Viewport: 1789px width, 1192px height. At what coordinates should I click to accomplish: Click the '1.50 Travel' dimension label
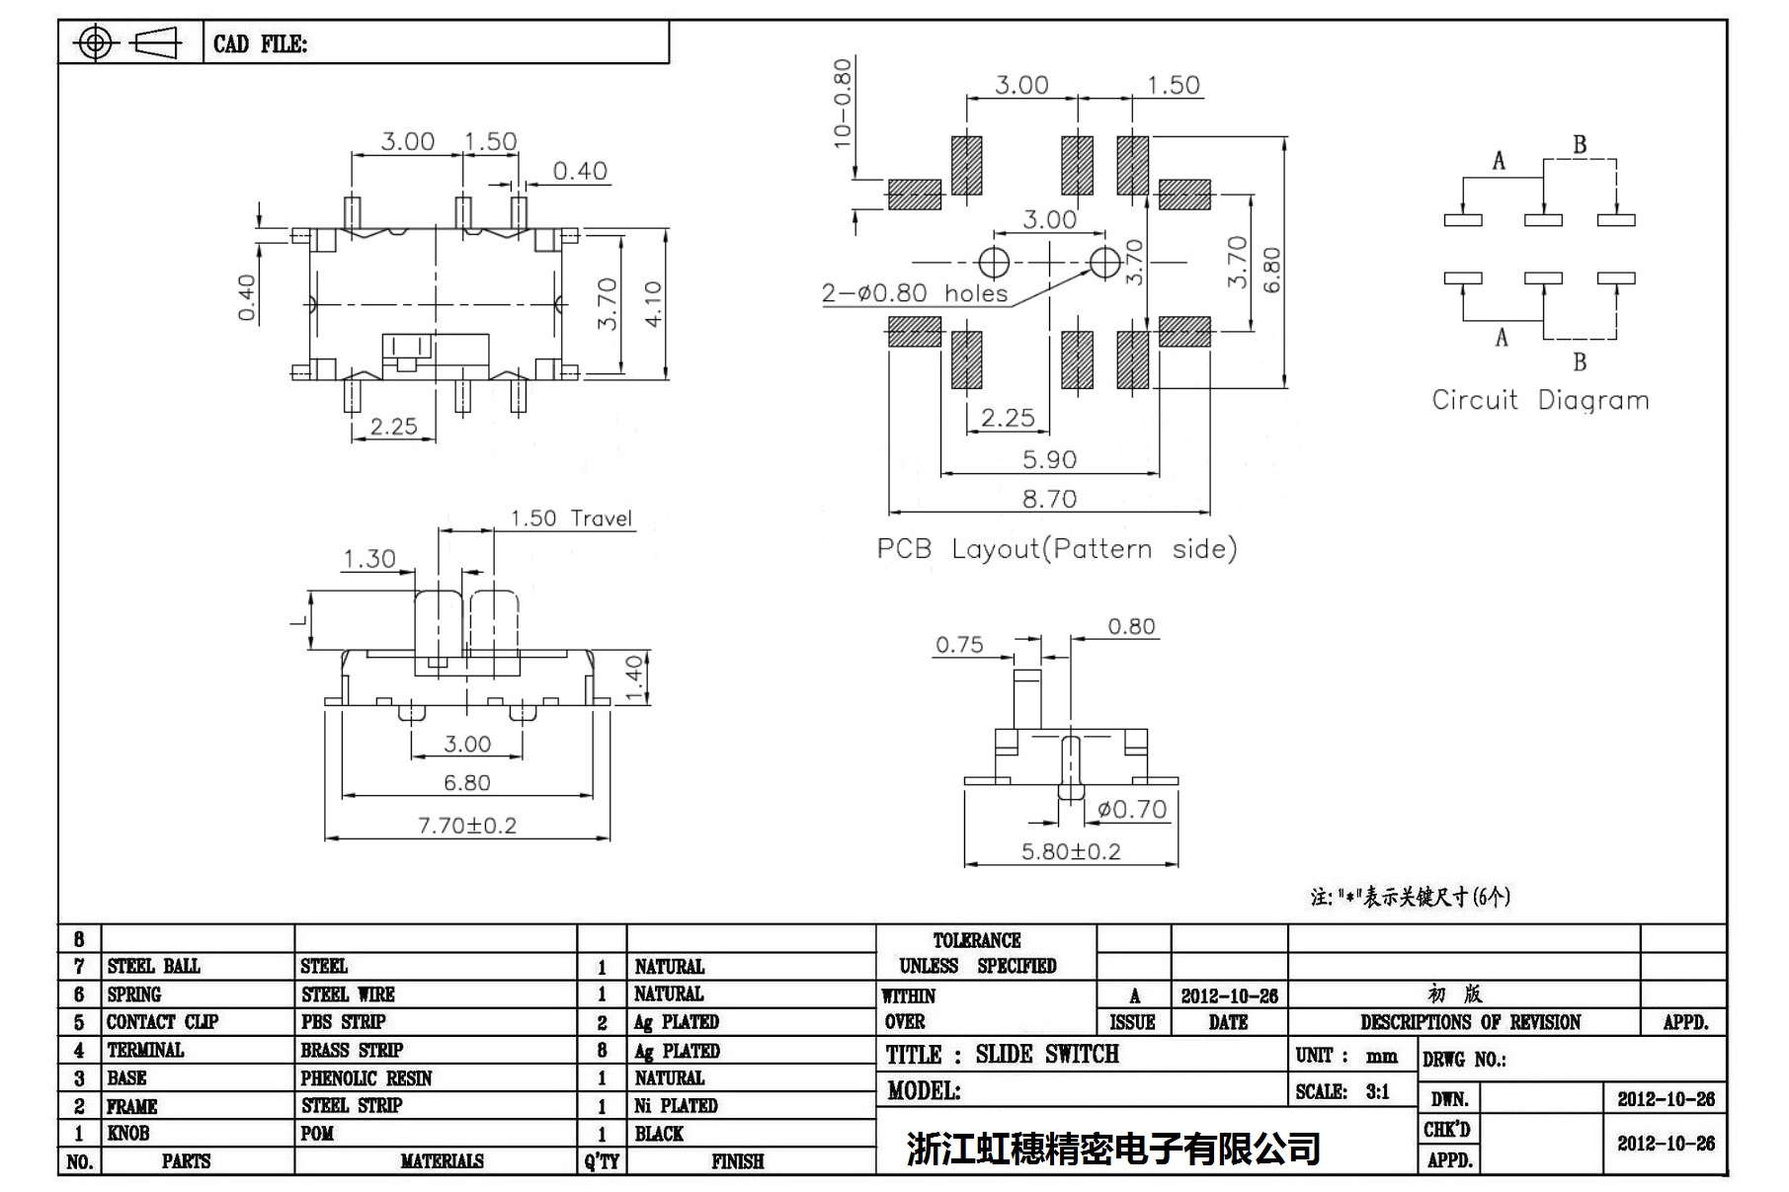[x=571, y=518]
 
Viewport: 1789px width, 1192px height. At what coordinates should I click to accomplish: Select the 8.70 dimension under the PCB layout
[x=1049, y=499]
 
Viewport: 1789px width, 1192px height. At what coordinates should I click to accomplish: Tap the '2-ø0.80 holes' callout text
[x=915, y=293]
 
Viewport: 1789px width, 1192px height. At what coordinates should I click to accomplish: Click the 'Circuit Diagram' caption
[x=1540, y=400]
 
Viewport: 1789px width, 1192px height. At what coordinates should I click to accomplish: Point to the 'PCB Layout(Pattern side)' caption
[x=1056, y=549]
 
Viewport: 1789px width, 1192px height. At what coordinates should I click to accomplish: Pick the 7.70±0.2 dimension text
[x=467, y=826]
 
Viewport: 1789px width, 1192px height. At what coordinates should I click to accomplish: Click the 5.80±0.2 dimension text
[x=1071, y=851]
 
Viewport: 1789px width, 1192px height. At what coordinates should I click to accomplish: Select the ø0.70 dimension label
[x=1132, y=810]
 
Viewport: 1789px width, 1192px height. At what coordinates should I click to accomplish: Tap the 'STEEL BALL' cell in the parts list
[x=153, y=966]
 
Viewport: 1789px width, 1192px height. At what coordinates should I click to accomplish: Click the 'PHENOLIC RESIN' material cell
[x=366, y=1078]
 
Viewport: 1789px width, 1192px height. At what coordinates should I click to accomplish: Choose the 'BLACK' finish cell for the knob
[x=659, y=1134]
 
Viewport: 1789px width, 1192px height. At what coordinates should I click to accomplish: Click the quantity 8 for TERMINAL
[x=602, y=1051]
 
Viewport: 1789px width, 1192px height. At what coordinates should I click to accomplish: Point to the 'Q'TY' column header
[x=602, y=1161]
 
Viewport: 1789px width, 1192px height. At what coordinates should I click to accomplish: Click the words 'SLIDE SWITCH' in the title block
[x=1047, y=1055]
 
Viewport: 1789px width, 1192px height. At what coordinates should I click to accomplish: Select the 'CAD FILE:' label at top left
[x=260, y=44]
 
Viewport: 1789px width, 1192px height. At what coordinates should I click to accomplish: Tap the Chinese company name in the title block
[x=1113, y=1149]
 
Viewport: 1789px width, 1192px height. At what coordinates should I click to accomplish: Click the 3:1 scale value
[x=1377, y=1092]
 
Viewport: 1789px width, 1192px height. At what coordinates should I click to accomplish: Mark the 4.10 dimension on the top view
[x=653, y=304]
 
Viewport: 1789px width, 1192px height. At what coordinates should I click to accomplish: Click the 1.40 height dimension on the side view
[x=634, y=677]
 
